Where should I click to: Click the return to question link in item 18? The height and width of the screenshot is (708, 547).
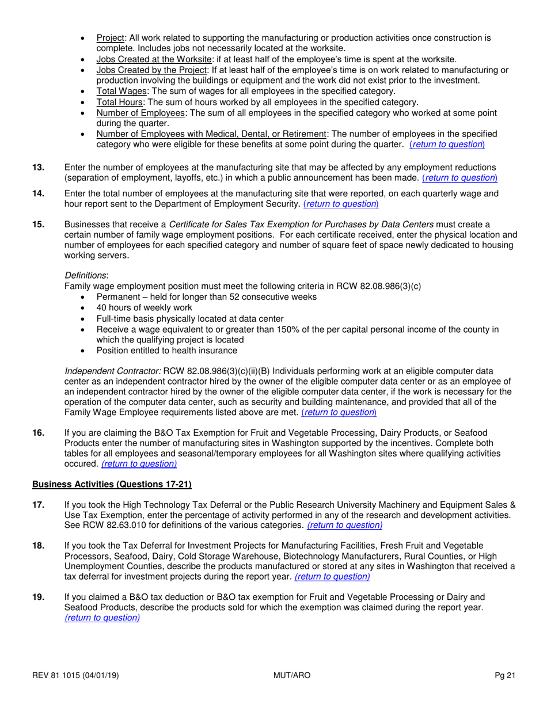(332, 576)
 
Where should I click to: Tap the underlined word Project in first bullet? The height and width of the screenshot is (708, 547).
(109, 39)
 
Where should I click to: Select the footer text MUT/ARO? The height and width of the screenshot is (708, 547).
(292, 675)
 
